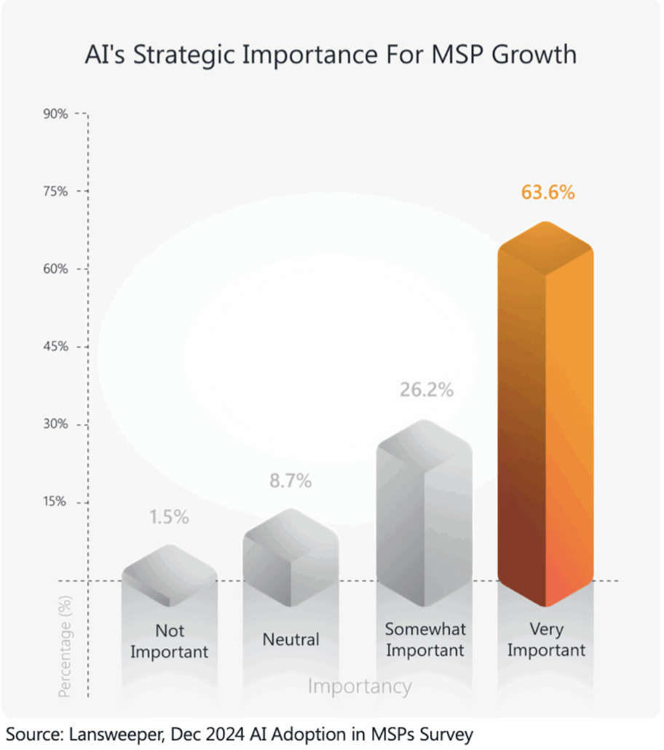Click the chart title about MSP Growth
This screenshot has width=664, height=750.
point(331,55)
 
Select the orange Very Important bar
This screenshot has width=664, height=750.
point(545,415)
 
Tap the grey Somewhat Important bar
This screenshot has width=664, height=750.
point(424,513)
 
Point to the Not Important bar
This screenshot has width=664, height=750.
point(169,575)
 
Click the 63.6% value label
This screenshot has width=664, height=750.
point(548,193)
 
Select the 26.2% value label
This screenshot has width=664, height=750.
point(426,390)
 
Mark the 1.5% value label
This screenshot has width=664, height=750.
point(169,517)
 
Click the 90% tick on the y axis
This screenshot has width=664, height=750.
point(55,114)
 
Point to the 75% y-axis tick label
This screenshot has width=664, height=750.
point(55,192)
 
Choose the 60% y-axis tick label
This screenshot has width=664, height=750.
point(55,269)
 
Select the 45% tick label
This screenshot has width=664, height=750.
point(55,347)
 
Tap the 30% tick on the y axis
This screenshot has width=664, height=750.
point(55,425)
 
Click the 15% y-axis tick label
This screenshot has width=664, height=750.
point(55,502)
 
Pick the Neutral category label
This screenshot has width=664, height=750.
point(290,640)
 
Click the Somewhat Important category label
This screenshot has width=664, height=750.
point(424,639)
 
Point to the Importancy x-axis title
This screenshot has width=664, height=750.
point(360,686)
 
